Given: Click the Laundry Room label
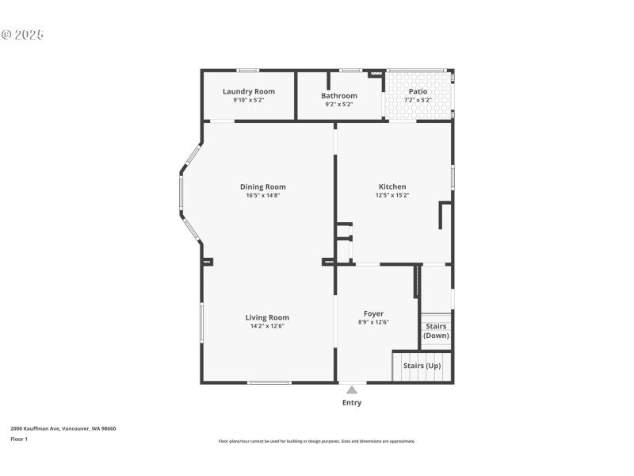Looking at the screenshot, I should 249,92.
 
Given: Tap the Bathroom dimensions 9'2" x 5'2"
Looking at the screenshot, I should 339,104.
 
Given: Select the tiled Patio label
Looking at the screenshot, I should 418,92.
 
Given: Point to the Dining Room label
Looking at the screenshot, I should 263,187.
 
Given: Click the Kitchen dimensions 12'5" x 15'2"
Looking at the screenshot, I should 391,195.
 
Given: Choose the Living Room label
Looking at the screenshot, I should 267,317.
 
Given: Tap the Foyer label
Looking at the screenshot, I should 373,314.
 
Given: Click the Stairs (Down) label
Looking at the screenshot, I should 436,331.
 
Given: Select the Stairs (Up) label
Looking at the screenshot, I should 422,366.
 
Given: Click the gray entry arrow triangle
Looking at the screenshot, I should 352,389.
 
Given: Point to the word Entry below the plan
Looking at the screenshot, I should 352,402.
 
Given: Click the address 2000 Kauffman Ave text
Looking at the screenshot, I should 63,428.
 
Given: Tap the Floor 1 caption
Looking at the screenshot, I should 19,439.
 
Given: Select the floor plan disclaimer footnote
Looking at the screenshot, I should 317,441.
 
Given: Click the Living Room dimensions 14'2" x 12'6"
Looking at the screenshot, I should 267,326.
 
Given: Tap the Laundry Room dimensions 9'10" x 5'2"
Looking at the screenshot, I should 249,101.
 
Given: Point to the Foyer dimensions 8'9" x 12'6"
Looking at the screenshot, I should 373,322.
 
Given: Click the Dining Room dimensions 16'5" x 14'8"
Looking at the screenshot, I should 263,195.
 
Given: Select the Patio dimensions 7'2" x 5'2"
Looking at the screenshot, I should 418,101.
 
